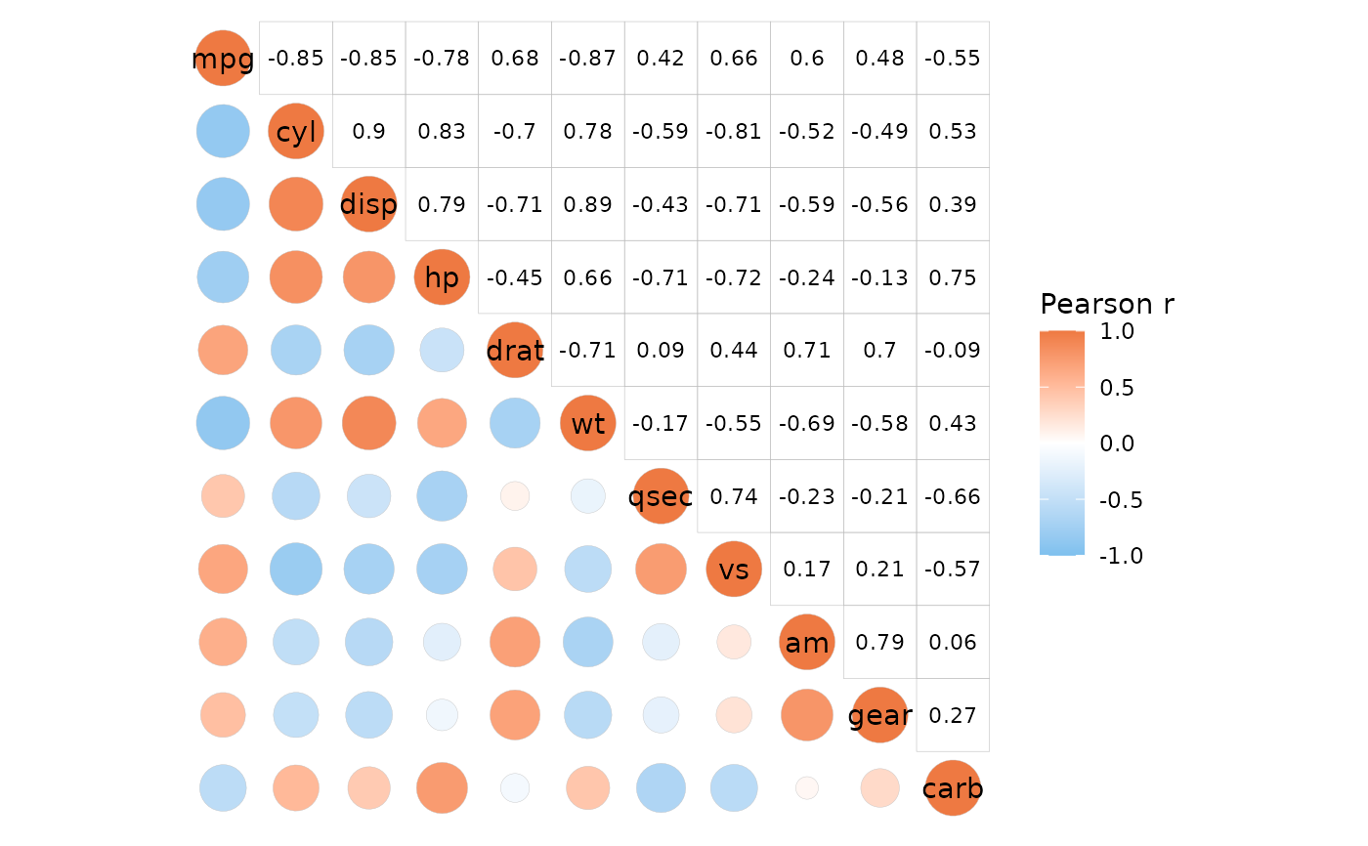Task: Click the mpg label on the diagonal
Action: click(223, 59)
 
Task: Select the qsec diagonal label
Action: click(661, 496)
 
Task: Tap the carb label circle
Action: click(953, 788)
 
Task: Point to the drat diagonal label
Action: click(515, 350)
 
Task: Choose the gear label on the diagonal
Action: click(879, 715)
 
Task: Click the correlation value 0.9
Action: click(368, 132)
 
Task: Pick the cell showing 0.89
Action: click(588, 205)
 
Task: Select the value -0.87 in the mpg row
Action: click(588, 59)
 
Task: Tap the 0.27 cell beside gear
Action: click(953, 715)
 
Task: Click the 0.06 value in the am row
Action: click(953, 643)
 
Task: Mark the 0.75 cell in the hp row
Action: click(953, 277)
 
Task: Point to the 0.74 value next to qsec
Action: click(734, 496)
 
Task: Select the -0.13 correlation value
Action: click(879, 277)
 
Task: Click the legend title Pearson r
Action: click(1107, 305)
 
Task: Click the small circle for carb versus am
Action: click(807, 787)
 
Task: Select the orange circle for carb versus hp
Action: click(442, 787)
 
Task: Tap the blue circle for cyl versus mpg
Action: click(223, 132)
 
